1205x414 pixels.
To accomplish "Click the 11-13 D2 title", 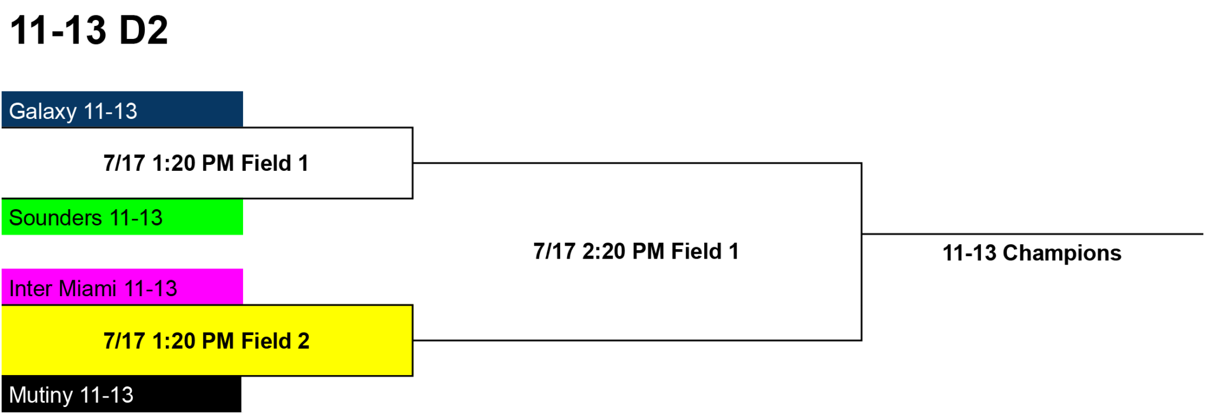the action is pos(89,30).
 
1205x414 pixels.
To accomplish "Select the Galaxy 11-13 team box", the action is pos(122,110).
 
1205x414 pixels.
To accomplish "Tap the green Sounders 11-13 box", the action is pos(122,217).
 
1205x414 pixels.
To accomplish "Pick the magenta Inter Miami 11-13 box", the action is pos(122,287).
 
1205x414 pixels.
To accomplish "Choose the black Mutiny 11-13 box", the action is pos(121,394).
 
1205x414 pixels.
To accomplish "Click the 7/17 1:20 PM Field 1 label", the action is pos(206,163).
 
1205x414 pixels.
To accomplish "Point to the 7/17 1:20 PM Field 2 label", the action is pos(207,341).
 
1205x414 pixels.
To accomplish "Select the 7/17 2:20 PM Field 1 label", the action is pos(636,251).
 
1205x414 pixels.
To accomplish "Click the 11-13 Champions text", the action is pos(1032,253).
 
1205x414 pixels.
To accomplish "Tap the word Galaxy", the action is pos(43,112).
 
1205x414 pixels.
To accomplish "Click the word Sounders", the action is pos(56,218).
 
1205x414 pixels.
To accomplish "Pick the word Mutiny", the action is pos(41,396).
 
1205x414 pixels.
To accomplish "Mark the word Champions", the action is pos(1062,253).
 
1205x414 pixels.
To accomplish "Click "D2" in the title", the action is pos(144,30).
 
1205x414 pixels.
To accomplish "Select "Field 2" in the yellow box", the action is pos(275,341).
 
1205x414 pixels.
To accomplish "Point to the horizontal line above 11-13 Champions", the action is pos(1033,234).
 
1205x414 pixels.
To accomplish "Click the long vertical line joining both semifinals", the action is pos(861,251).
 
